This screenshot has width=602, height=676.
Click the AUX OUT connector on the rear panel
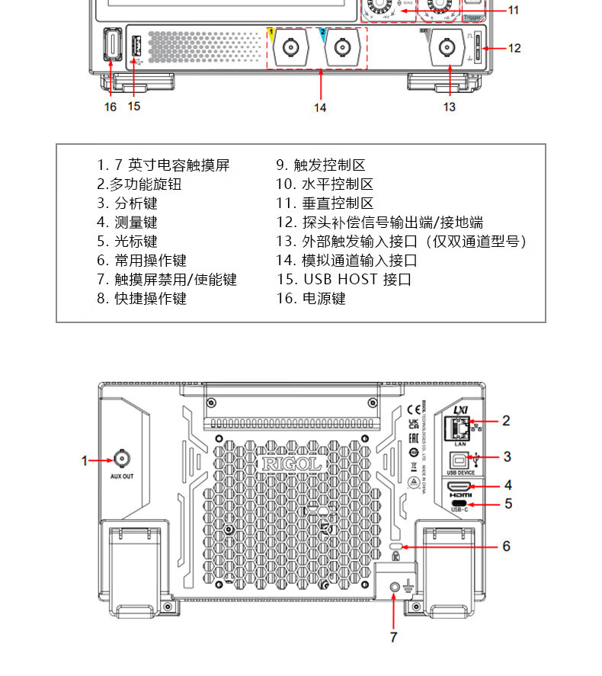pos(121,458)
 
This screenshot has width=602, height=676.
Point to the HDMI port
pos(460,486)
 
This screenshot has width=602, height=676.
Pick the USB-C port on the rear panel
pos(460,504)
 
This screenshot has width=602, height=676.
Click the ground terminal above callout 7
pos(395,586)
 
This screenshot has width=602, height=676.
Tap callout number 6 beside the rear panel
pos(505,546)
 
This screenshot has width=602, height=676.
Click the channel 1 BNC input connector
pos(291,50)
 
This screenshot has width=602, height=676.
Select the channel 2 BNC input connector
pos(339,50)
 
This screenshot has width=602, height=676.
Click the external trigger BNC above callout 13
pos(448,50)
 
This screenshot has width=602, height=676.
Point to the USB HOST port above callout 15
pos(137,47)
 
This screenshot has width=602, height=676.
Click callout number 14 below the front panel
pos(320,107)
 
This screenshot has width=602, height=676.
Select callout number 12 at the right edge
pos(514,48)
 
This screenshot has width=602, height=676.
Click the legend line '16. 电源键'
pos(311,299)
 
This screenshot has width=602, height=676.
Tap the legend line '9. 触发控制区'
pos(321,165)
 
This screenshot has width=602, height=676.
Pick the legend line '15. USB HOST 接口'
pos(344,280)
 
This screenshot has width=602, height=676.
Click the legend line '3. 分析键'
pos(126,203)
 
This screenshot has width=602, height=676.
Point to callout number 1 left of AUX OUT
pos(86,460)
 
